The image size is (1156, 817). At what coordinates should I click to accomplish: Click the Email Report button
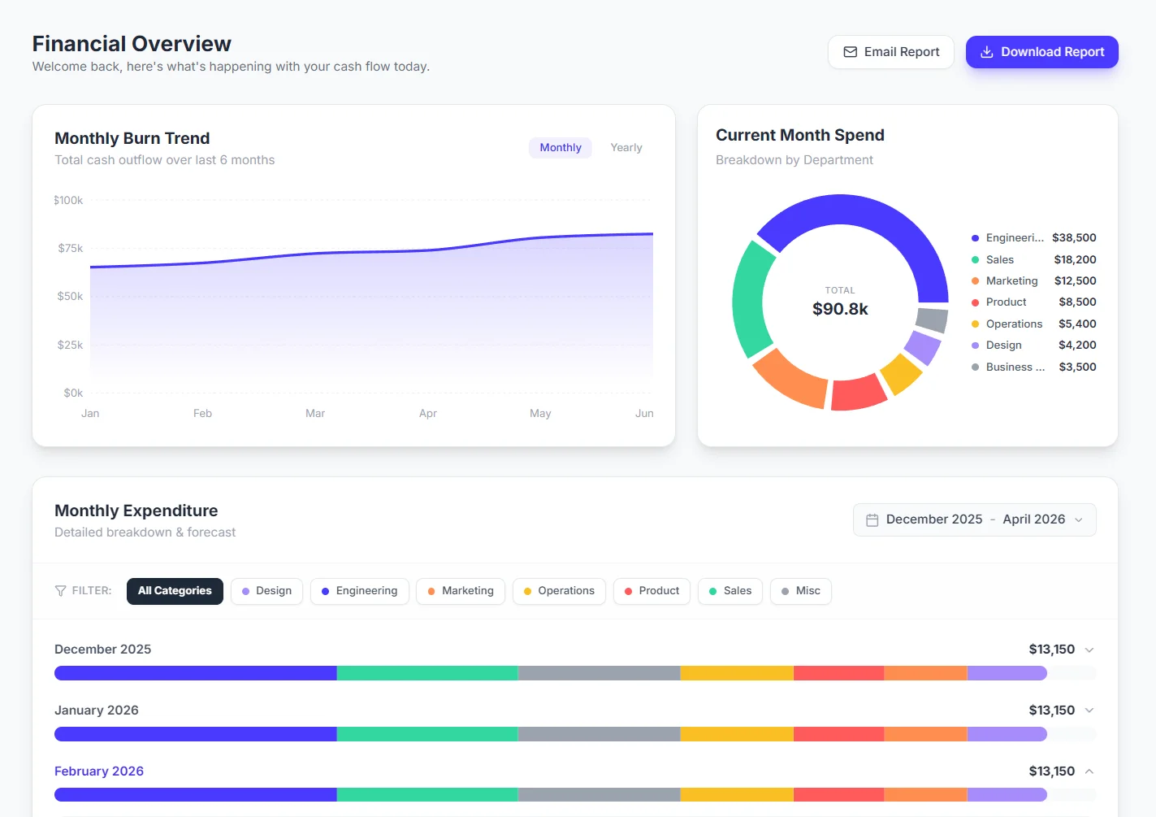891,52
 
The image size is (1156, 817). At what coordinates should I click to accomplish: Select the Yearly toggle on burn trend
626,148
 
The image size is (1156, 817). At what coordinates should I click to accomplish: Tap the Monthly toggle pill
561,148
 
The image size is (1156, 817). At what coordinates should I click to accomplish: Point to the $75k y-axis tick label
71,249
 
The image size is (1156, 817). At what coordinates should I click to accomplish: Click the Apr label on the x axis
428,414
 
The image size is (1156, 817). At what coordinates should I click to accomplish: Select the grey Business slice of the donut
932,319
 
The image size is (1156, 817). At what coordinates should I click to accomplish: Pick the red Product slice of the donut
858,392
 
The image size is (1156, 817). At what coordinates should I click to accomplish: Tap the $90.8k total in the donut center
840,309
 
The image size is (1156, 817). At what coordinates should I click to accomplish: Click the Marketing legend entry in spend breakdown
1011,281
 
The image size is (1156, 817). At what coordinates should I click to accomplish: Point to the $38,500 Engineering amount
1074,238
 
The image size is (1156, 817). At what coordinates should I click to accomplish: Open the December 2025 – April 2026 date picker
974,520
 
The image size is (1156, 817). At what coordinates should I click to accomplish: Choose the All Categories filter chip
175,591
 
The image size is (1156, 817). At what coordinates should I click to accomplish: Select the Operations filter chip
559,591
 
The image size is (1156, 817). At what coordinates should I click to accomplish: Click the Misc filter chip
800,591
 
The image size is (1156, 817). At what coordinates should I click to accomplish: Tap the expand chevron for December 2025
1089,650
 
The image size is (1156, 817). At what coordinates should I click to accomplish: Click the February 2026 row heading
99,771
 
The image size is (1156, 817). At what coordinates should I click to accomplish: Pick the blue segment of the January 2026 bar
195,734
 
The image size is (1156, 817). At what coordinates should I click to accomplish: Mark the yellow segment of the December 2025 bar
737,673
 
